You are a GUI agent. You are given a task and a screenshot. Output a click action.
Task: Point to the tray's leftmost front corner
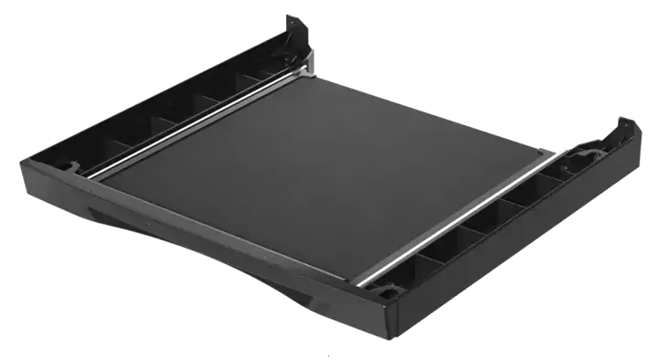(x=20, y=167)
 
